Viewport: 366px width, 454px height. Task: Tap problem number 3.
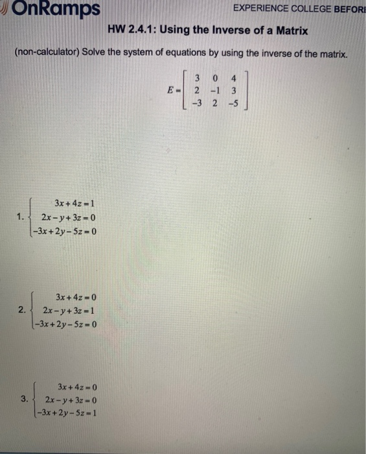(24, 399)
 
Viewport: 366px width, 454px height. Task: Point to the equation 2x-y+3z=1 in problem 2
(69, 309)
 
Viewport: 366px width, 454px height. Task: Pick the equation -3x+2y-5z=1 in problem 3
(67, 411)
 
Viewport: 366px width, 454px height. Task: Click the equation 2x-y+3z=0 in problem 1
(68, 216)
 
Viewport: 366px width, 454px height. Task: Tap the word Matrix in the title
(291, 30)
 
